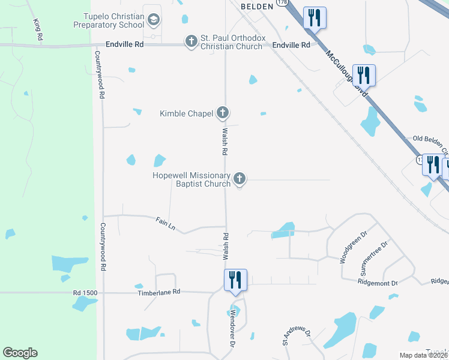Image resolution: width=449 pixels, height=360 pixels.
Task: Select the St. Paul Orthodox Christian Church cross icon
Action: click(x=191, y=41)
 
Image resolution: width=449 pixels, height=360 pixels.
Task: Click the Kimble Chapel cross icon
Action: click(x=223, y=112)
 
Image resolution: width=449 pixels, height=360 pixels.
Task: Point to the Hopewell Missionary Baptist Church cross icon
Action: click(x=239, y=178)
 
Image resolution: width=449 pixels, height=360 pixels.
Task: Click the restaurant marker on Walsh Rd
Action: click(x=234, y=280)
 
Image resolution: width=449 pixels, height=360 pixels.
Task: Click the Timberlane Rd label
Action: click(x=160, y=292)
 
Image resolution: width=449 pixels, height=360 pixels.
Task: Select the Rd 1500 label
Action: click(x=85, y=292)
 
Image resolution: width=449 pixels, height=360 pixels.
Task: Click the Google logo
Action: click(x=20, y=353)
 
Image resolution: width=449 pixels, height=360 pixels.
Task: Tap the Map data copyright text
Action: click(x=423, y=355)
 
